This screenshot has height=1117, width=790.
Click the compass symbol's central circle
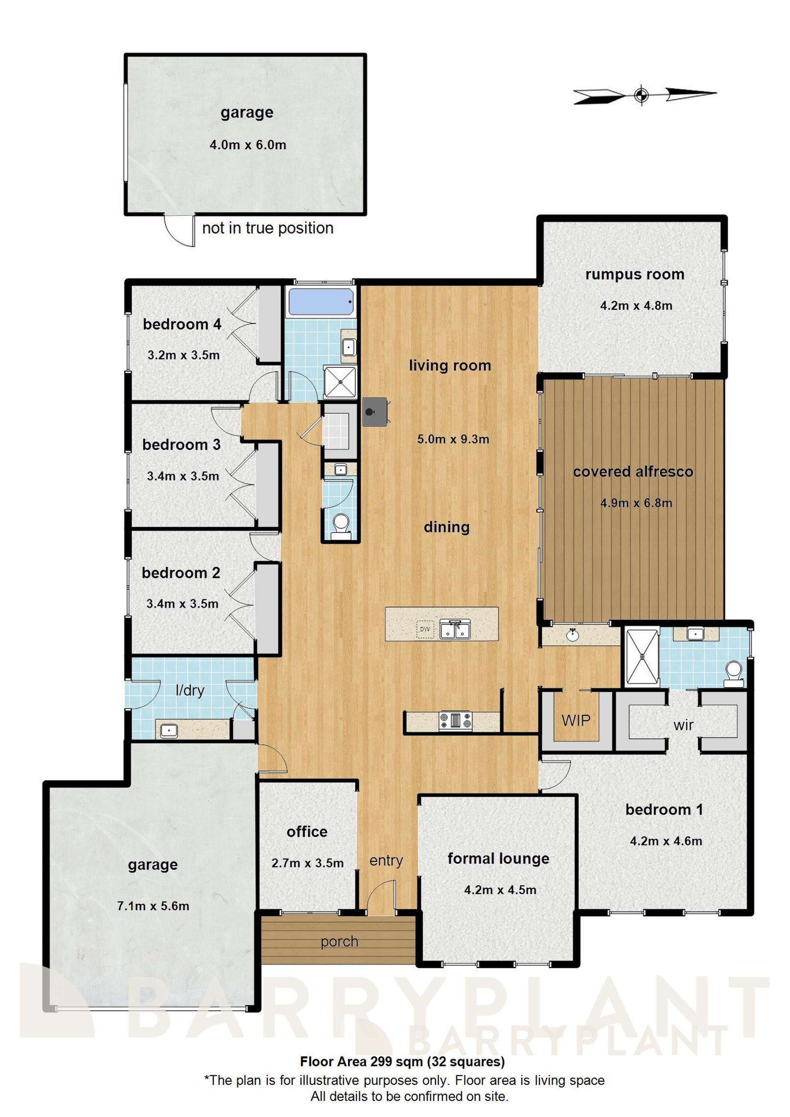[x=641, y=94]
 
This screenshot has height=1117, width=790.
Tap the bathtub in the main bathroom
[x=321, y=302]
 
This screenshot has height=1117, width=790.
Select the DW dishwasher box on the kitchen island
[x=424, y=629]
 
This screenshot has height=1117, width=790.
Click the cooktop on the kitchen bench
[x=455, y=721]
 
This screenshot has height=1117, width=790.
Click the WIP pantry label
[x=576, y=720]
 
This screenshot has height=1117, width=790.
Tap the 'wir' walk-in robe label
[x=683, y=725]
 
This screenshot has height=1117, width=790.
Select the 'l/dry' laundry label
[x=190, y=690]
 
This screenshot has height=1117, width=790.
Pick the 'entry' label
[x=386, y=860]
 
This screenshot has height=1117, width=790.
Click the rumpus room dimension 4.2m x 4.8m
[x=636, y=306]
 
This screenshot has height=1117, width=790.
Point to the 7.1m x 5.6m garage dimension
[x=153, y=906]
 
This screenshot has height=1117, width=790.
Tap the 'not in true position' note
[x=268, y=228]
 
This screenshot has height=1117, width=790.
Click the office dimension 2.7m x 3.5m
[x=308, y=863]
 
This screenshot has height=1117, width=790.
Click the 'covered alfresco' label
[x=633, y=472]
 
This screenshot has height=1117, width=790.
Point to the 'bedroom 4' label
[x=182, y=324]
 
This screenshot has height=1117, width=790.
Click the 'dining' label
[x=446, y=527]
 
